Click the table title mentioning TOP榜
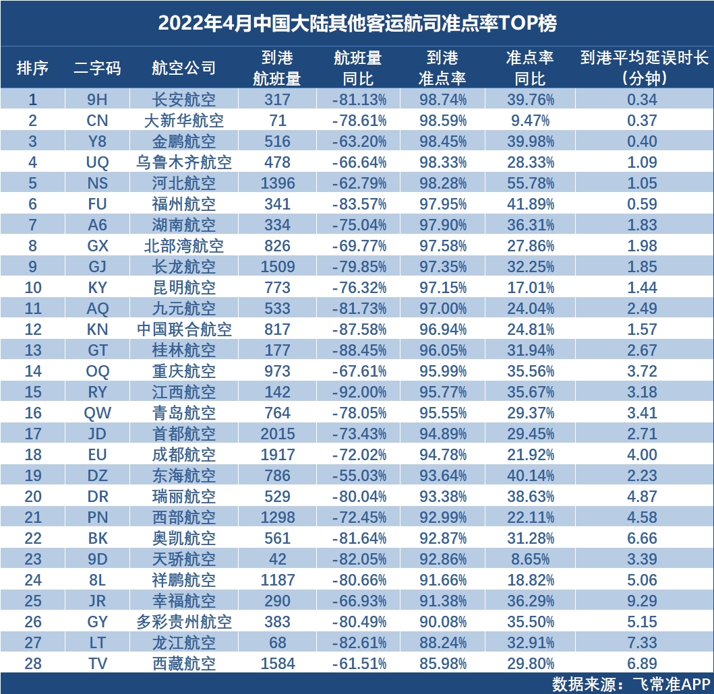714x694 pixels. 357,23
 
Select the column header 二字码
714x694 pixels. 98,68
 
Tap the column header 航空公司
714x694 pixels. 183,68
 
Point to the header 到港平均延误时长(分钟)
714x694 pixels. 644,68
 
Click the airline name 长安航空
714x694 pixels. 183,100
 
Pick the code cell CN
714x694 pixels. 98,121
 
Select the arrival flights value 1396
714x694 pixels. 277,183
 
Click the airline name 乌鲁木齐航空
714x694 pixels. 183,162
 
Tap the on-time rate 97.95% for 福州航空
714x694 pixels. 442,204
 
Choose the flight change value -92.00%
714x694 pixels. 359,392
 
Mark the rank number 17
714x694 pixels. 33,434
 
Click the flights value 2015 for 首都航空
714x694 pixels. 277,434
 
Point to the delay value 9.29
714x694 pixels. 642,601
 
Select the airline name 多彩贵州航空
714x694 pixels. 183,622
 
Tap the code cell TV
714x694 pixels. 98,664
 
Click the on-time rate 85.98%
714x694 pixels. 442,664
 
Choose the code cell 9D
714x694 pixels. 98,559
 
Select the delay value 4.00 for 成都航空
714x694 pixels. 642,455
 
